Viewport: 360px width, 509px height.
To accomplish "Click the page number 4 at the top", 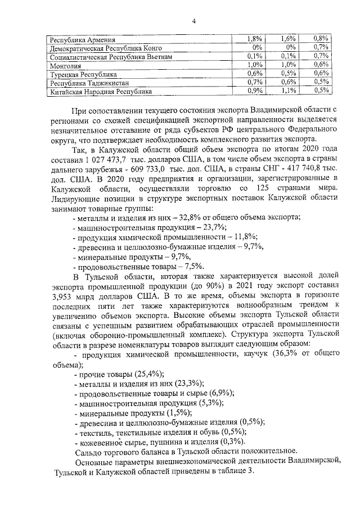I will point(193,21).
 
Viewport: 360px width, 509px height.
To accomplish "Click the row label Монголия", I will point(66,65).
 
